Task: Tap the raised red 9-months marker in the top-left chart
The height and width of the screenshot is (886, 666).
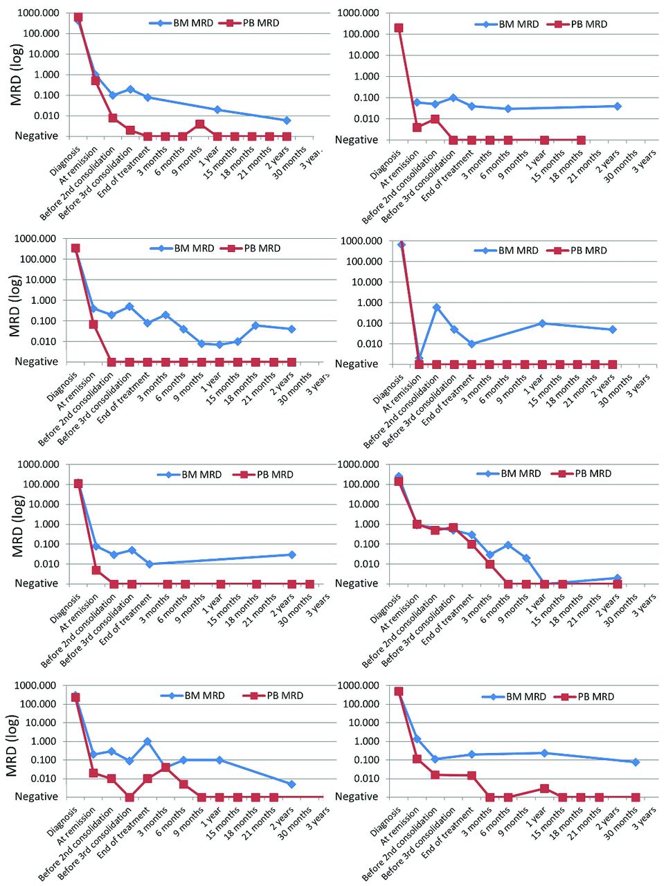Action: (199, 125)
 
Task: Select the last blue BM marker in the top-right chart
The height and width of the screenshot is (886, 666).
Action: (617, 106)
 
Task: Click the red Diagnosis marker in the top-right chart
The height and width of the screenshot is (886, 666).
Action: (399, 28)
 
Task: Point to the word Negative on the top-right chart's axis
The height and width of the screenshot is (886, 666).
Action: (357, 140)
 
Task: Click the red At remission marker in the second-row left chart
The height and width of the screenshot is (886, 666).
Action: (93, 324)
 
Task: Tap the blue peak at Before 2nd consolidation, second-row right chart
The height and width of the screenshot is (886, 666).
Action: (436, 307)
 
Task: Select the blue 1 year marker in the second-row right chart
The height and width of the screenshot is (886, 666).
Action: (542, 323)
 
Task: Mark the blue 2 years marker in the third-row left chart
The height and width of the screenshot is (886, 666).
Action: (291, 554)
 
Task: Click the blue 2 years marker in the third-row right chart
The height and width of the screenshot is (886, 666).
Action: (617, 578)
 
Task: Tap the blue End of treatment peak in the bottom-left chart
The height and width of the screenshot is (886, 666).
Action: (147, 741)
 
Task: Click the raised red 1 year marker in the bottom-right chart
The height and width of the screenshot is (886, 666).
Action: (544, 788)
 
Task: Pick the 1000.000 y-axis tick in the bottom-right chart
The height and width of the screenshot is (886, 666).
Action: (360, 685)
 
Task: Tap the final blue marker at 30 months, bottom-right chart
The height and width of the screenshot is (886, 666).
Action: (635, 762)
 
